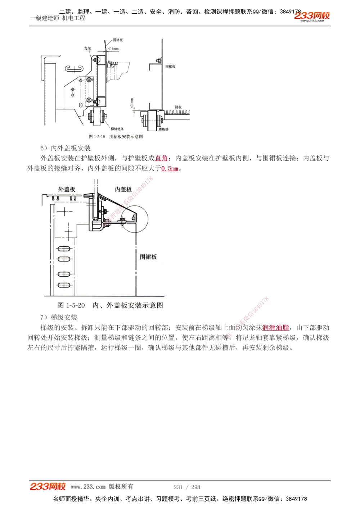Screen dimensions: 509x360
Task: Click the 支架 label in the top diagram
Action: pyautogui.click(x=87, y=48)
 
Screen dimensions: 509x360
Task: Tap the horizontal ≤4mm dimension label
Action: pyautogui.click(x=113, y=49)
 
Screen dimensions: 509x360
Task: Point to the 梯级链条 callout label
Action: pyautogui.click(x=117, y=129)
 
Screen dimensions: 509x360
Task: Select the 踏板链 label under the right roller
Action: pyautogui.click(x=163, y=129)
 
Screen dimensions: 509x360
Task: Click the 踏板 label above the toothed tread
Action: pyautogui.click(x=178, y=107)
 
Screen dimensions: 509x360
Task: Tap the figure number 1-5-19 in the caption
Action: pyautogui.click(x=97, y=137)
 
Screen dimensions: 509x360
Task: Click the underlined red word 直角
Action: pyautogui.click(x=161, y=158)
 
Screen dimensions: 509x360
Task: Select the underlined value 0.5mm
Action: pyautogui.click(x=170, y=168)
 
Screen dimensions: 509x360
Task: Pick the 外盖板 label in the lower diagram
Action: pyautogui.click(x=67, y=189)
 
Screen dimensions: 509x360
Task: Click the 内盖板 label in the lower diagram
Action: pyautogui.click(x=123, y=189)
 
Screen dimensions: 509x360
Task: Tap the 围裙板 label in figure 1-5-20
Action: pyautogui.click(x=148, y=257)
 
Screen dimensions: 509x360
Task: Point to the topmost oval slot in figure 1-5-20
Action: pyautogui.click(x=64, y=248)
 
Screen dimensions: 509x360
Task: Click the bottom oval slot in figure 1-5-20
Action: pyautogui.click(x=64, y=285)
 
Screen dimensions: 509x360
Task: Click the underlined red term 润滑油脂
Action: pyautogui.click(x=276, y=328)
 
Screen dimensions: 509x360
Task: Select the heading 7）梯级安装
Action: pyautogui.click(x=59, y=317)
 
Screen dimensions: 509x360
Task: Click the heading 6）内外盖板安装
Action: pyautogui.click(x=66, y=148)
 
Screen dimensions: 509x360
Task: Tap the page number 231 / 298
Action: pyautogui.click(x=187, y=487)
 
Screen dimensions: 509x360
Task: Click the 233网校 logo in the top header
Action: pyautogui.click(x=312, y=16)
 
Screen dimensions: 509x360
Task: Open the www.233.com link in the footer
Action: pyautogui.click(x=88, y=487)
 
